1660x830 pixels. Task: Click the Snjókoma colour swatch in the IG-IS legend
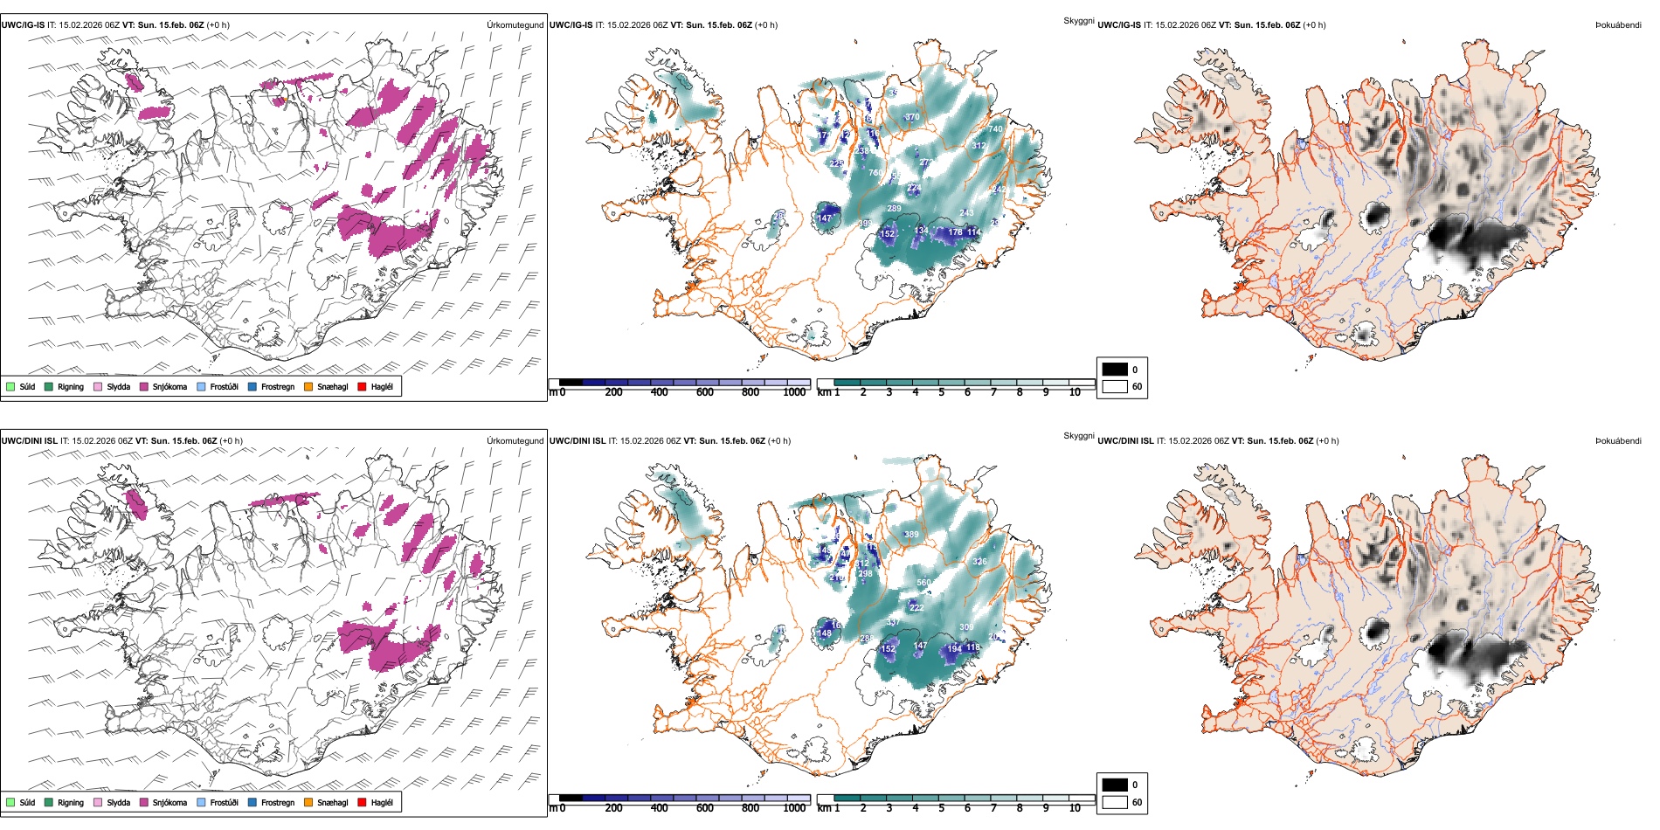[x=144, y=387]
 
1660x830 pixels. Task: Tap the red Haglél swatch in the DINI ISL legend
[x=363, y=803]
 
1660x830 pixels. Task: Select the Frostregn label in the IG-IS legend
[x=278, y=387]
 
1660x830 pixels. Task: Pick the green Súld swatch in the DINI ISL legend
[x=10, y=803]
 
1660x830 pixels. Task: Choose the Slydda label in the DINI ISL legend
[x=118, y=803]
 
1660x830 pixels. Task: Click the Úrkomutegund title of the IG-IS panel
[x=515, y=25]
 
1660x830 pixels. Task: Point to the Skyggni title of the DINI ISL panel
[x=1078, y=436]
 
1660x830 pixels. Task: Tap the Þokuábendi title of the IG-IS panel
[x=1618, y=25]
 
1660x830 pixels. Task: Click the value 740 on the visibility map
[x=995, y=128]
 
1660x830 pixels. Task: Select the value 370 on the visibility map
[x=912, y=116]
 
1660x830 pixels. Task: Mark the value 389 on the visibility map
[x=911, y=535]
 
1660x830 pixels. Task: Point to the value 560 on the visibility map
[x=923, y=583]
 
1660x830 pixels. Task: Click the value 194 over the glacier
[x=954, y=648]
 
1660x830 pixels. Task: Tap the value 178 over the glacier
[x=955, y=232]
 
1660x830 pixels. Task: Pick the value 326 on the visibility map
[x=979, y=562]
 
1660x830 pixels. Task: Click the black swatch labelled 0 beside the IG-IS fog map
[x=1115, y=370]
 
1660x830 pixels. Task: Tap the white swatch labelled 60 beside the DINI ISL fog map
[x=1115, y=802]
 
